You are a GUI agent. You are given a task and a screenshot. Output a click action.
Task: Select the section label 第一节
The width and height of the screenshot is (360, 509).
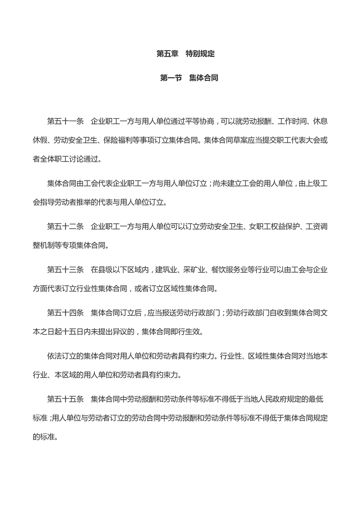[171, 78]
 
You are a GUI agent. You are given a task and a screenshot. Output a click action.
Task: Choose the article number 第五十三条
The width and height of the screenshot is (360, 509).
[65, 270]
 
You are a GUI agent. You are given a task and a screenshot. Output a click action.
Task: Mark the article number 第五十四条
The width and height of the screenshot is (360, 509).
[65, 312]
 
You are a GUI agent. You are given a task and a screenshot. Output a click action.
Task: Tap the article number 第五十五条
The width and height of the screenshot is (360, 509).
[65, 399]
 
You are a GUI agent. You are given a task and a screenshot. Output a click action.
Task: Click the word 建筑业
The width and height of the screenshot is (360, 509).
[167, 270]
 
